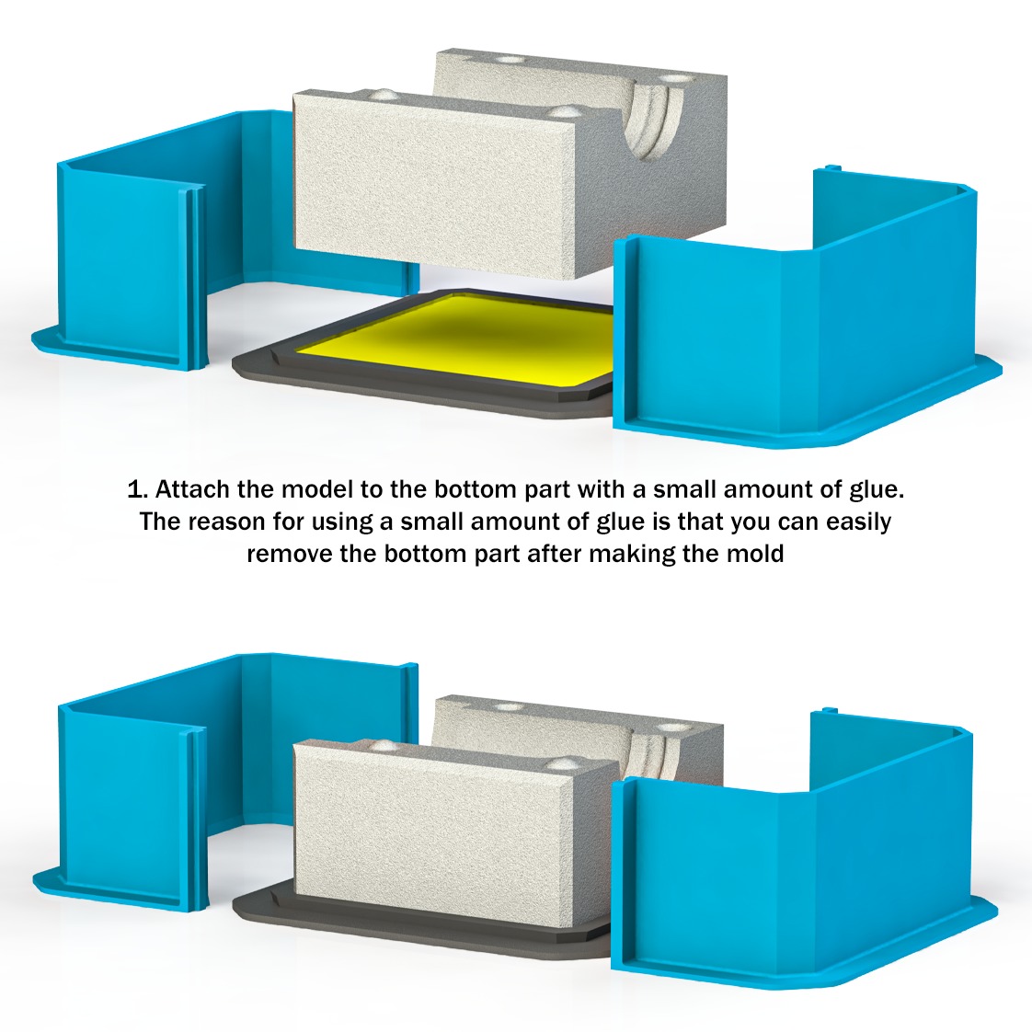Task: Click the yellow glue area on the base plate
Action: pyautogui.click(x=469, y=340)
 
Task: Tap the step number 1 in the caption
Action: pyautogui.click(x=135, y=489)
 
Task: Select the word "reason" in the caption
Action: pyautogui.click(x=226, y=522)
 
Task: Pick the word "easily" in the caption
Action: pyautogui.click(x=858, y=522)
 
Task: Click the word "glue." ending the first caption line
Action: pyautogui.click(x=877, y=489)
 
